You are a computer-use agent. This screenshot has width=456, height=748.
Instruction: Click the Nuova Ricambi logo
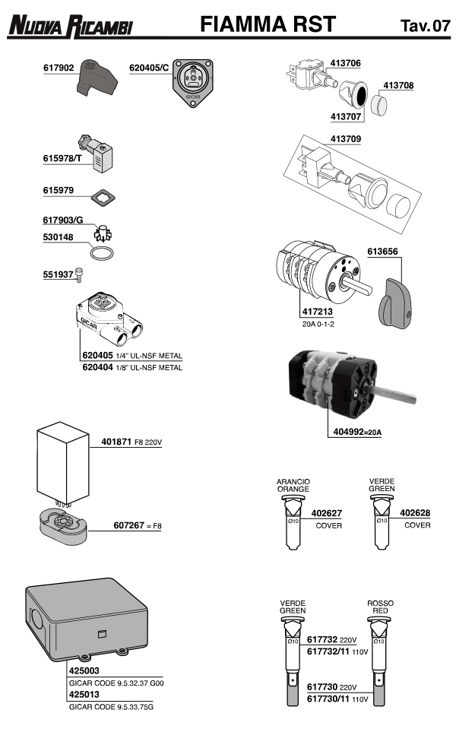point(70,27)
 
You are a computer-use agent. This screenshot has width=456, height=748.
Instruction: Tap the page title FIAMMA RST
point(267,24)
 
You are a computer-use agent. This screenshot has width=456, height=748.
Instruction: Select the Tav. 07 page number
point(425,26)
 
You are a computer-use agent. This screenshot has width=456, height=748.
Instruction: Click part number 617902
point(58,68)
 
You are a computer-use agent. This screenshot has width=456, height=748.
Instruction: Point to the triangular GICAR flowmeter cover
point(193,81)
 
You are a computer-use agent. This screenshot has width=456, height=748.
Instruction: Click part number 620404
point(97,367)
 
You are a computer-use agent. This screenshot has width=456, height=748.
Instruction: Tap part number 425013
point(80,693)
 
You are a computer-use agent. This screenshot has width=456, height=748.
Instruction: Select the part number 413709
point(346,139)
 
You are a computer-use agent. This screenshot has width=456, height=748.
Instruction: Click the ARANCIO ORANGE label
point(293,485)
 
